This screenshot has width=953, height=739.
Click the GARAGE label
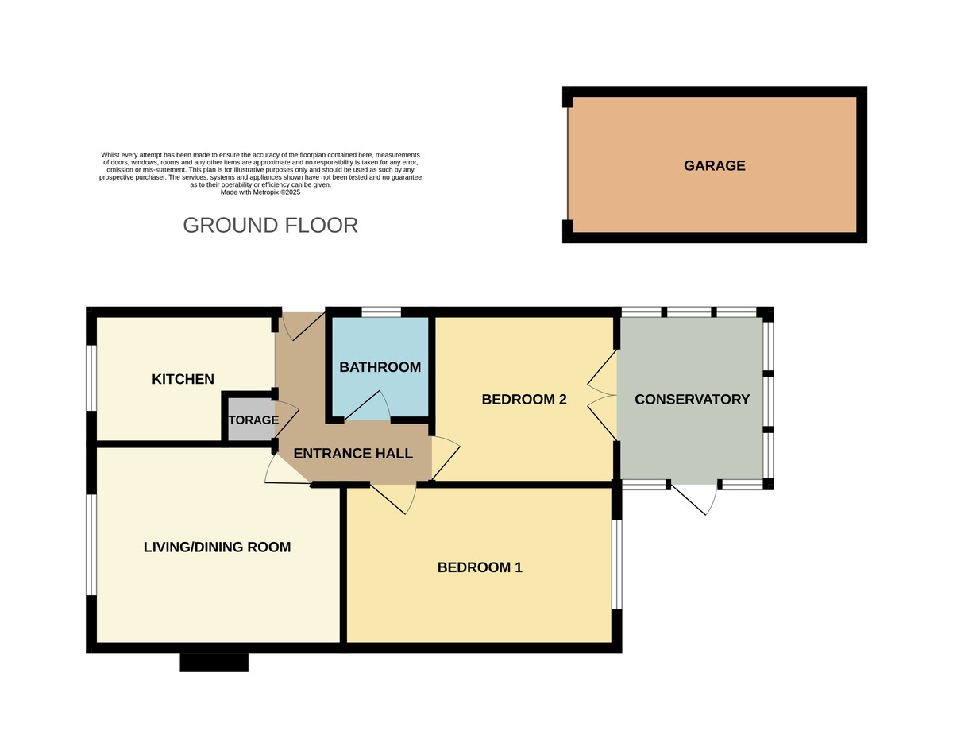(x=714, y=165)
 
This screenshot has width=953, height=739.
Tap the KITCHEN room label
(x=183, y=379)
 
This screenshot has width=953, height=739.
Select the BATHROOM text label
(x=380, y=367)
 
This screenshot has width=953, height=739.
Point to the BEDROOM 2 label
(x=524, y=399)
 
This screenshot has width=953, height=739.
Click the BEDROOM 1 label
(x=480, y=567)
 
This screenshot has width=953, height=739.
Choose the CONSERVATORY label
(x=692, y=399)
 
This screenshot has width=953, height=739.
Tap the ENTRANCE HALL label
(x=353, y=454)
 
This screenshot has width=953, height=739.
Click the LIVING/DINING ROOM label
(x=217, y=547)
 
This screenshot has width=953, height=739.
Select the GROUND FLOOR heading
(x=270, y=225)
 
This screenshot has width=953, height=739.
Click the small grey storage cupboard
(x=248, y=420)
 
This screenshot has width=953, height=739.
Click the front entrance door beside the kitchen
(x=300, y=326)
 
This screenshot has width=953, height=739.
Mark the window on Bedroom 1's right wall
(x=616, y=564)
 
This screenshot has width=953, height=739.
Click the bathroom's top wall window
(x=380, y=312)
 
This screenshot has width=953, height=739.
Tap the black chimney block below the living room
(x=214, y=662)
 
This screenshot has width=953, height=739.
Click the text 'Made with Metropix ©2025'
(x=260, y=192)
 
